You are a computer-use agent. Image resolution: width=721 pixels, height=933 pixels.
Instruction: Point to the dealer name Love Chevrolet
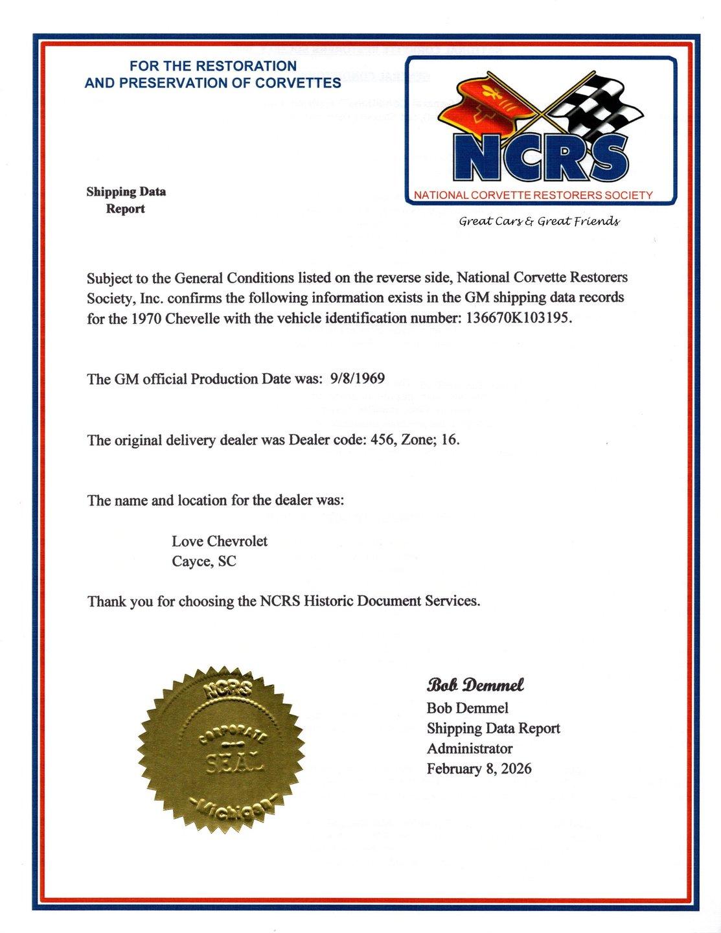[220, 541]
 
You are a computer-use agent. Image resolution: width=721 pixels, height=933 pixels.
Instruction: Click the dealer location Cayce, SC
[204, 562]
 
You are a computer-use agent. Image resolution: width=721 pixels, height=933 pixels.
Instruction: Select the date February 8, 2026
[479, 769]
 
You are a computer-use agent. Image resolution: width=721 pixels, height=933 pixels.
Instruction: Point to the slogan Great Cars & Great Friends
[539, 222]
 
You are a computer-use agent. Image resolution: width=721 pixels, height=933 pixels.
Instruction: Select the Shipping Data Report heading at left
[126, 200]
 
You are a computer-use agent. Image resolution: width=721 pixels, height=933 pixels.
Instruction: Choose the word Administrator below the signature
[469, 749]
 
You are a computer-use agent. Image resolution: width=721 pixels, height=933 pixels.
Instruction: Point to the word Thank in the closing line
[106, 601]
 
